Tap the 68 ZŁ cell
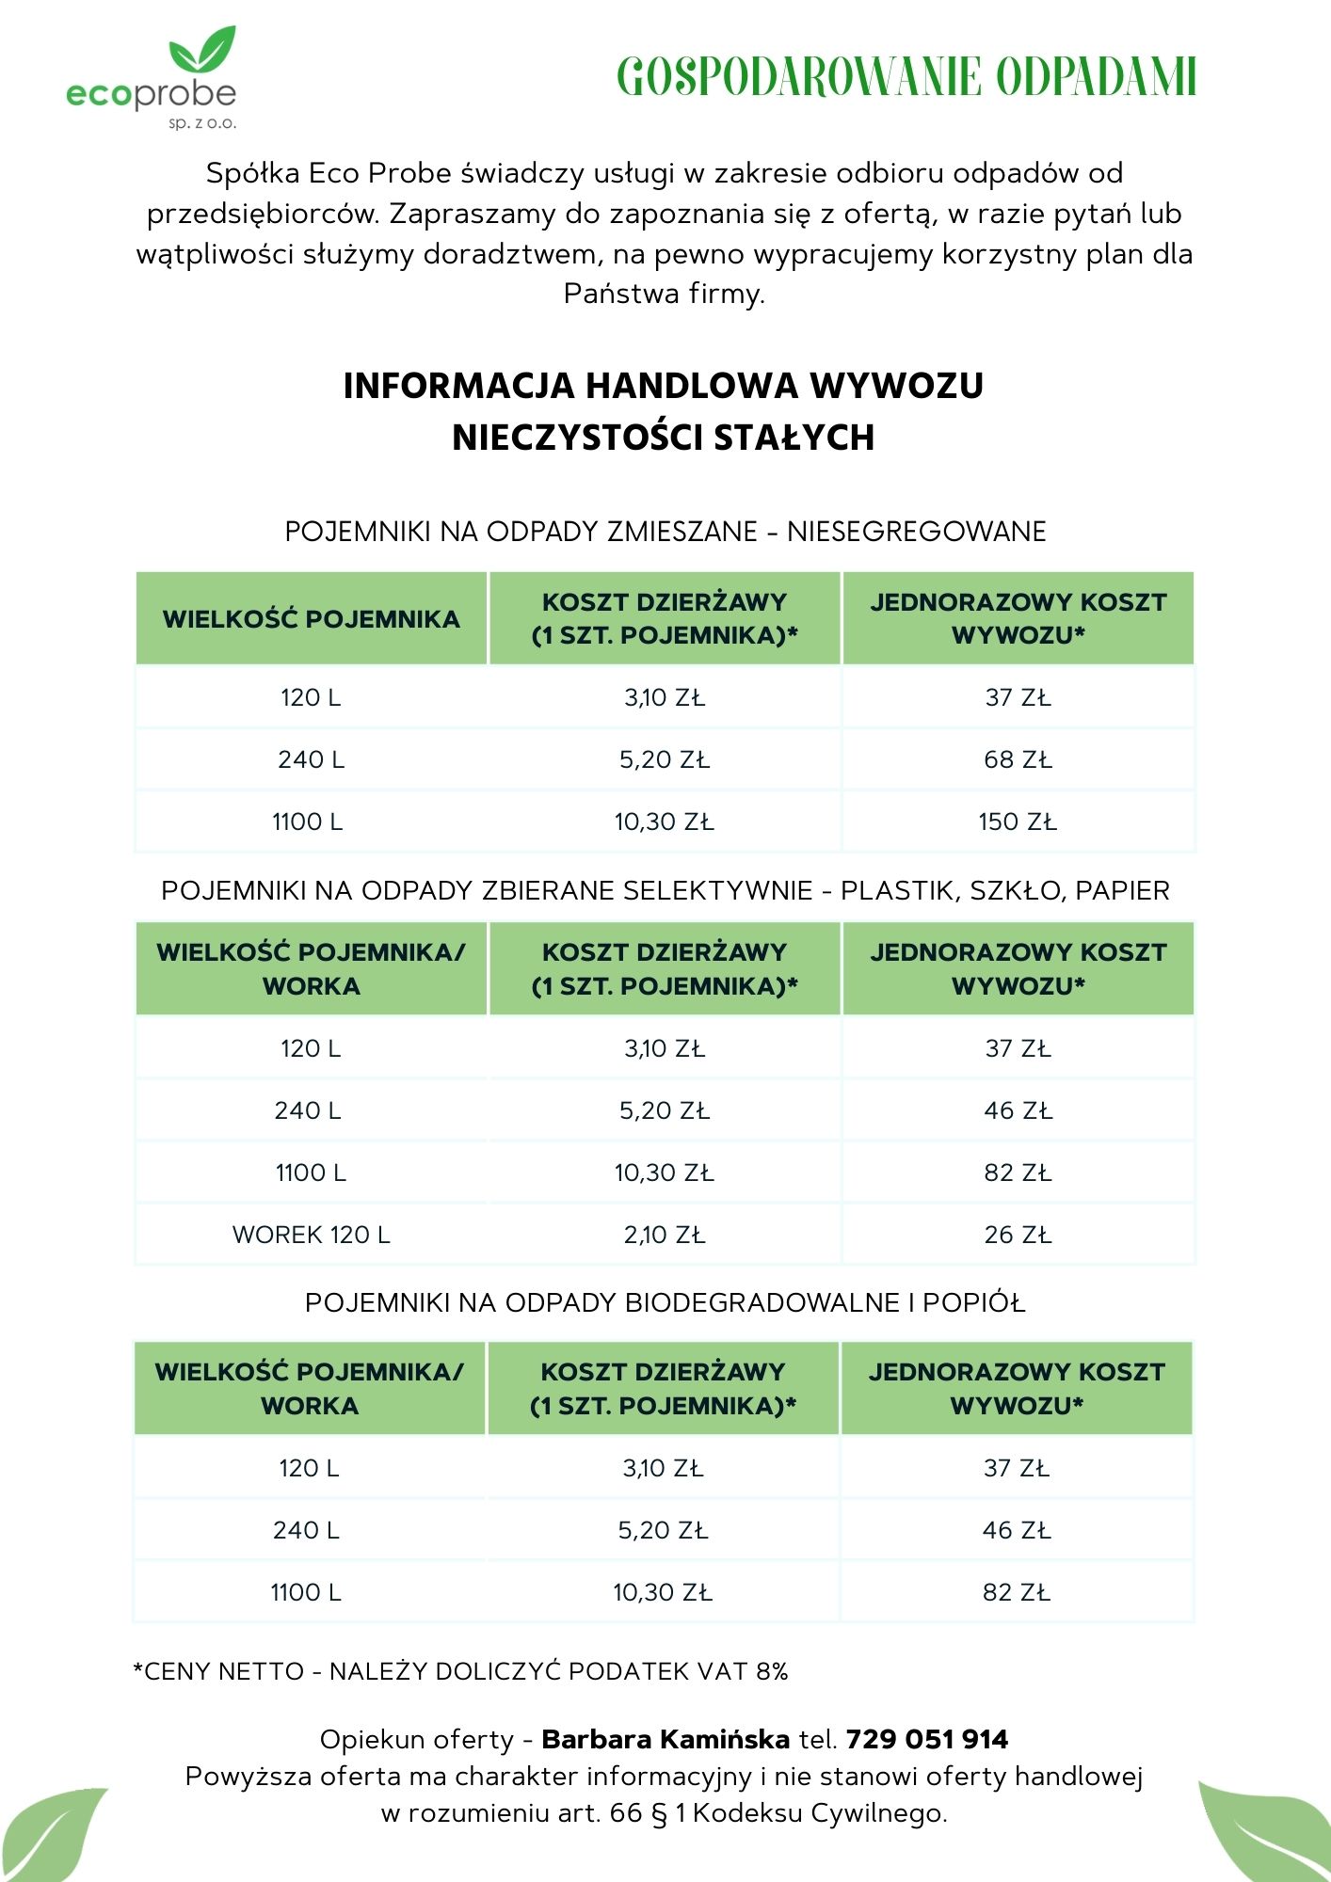(x=1018, y=759)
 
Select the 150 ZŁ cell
(x=1018, y=821)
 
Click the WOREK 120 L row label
(x=311, y=1235)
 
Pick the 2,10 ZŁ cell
(x=664, y=1235)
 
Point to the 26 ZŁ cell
(x=1018, y=1235)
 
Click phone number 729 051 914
(x=926, y=1739)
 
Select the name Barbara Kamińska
(x=665, y=1739)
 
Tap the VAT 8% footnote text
(x=461, y=1671)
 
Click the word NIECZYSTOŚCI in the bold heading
(x=577, y=438)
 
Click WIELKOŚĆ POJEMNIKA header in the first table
(x=311, y=619)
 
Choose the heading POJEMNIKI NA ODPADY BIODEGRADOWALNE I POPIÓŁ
(x=665, y=1302)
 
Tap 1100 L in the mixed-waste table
(x=308, y=821)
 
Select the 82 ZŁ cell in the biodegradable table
(x=1016, y=1592)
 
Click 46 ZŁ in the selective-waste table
(x=1018, y=1110)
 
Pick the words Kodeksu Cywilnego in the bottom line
(x=819, y=1813)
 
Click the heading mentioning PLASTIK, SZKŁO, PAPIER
(x=665, y=890)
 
